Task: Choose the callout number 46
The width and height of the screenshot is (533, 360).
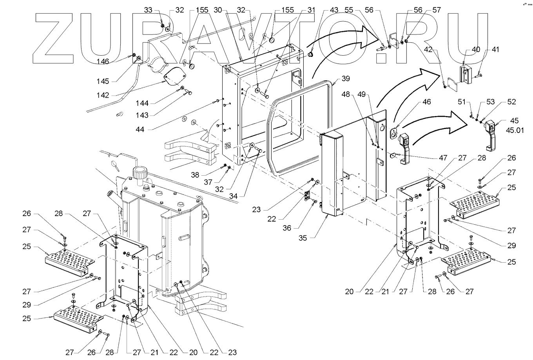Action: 426,102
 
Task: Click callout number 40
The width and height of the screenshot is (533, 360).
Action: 475,50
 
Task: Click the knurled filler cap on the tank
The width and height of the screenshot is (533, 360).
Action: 140,172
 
